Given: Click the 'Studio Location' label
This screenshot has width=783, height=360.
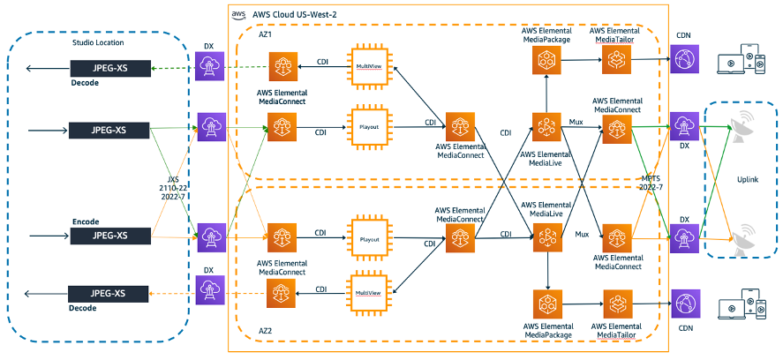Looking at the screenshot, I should (98, 43).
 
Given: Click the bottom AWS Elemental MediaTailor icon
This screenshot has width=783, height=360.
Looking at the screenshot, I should (615, 302).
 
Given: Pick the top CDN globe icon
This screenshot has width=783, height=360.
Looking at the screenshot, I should (683, 60).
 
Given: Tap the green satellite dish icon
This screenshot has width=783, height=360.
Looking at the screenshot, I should (740, 131).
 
